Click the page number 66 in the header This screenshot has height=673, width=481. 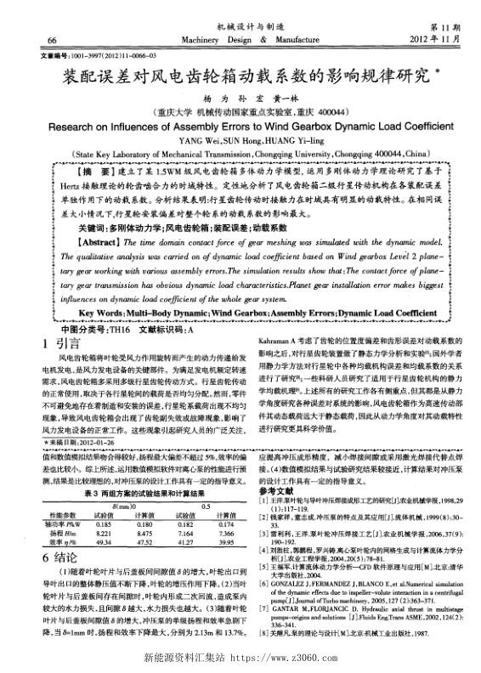30,40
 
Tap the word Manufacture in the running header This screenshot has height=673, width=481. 282,40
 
